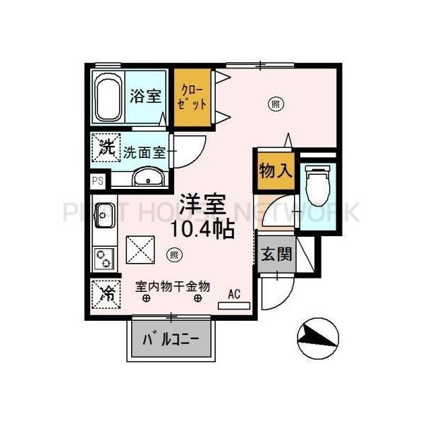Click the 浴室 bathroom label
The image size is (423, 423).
click(146, 97)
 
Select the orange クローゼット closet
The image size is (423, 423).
click(194, 98)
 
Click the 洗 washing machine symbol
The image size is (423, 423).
click(105, 148)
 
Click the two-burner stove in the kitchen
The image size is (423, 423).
click(104, 257)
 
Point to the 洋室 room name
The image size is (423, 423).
click(201, 204)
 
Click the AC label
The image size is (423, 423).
click(234, 295)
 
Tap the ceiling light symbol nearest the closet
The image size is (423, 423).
click(275, 104)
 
